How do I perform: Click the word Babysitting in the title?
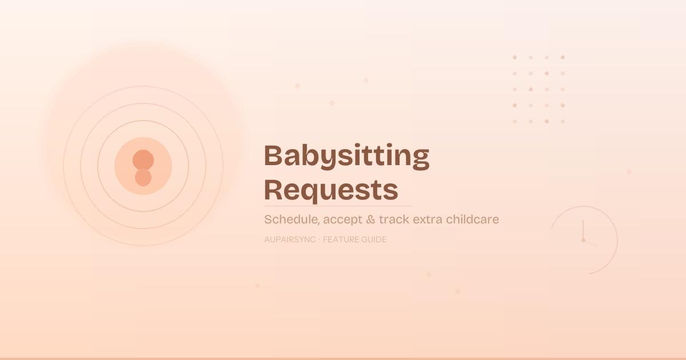[x=346, y=156]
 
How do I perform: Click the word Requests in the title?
[x=331, y=190]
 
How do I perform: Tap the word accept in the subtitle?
[x=341, y=220]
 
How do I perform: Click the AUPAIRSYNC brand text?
[x=290, y=239]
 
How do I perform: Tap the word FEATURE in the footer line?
[x=341, y=239]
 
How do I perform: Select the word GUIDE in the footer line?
[x=374, y=239]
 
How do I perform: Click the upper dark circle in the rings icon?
[x=143, y=160]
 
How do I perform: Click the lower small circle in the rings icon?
[x=143, y=178]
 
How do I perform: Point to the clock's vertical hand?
[x=583, y=230]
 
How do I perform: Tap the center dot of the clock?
[x=583, y=240]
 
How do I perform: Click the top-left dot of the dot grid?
[x=514, y=57]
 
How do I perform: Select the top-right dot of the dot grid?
[x=563, y=57]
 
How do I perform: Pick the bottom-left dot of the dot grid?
[x=514, y=121]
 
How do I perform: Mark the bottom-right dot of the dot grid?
[x=563, y=121]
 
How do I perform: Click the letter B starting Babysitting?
[x=274, y=156]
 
